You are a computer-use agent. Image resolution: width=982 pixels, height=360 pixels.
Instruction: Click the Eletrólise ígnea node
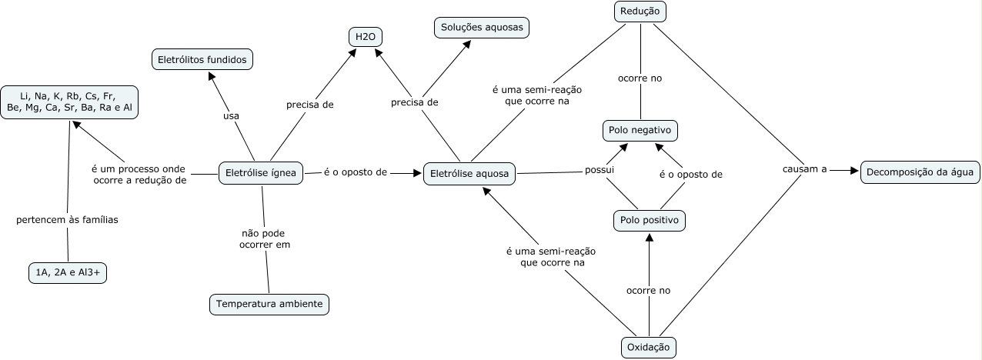(x=262, y=173)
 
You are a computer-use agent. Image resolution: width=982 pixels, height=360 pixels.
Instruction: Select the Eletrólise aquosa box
(x=469, y=174)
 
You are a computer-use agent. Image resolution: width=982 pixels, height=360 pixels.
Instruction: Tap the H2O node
(x=365, y=36)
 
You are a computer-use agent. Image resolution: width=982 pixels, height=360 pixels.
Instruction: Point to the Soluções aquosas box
(x=482, y=28)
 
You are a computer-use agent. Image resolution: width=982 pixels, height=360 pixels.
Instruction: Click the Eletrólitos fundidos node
(x=202, y=58)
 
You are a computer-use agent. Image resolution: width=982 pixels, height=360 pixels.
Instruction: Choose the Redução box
(x=640, y=12)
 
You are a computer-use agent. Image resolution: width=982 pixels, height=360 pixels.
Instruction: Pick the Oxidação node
(x=648, y=348)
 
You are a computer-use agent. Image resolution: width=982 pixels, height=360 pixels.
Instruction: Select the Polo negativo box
(x=640, y=131)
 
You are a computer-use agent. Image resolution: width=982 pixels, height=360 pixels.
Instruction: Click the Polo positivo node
(x=649, y=221)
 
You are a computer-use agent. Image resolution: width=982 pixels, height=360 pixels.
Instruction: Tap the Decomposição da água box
(x=920, y=172)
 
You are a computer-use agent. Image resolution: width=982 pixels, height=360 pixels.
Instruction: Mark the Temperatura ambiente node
(x=269, y=304)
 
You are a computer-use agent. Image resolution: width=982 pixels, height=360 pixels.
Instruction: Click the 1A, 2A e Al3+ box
(x=67, y=272)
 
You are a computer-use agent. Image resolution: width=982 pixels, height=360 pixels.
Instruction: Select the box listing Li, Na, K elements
(x=70, y=102)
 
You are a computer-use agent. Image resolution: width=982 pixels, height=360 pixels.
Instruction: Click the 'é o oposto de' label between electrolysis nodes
(x=355, y=172)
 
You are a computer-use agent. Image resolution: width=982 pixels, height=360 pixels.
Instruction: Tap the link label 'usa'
(x=231, y=116)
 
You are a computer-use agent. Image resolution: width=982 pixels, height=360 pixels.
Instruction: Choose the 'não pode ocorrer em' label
(x=264, y=238)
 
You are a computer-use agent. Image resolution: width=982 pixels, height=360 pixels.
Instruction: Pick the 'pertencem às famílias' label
(x=67, y=220)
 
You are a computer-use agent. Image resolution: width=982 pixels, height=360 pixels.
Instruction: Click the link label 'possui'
(x=600, y=169)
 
